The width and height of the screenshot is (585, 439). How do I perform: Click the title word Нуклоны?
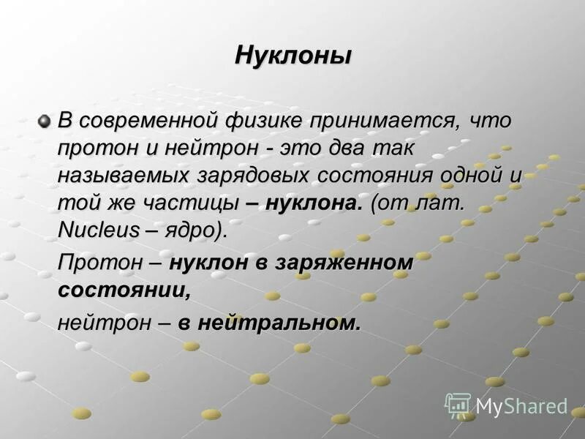click(x=292, y=56)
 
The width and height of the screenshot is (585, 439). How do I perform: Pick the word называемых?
click(x=124, y=175)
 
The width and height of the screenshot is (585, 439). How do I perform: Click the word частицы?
click(x=198, y=203)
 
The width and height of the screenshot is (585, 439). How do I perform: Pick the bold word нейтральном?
click(x=279, y=321)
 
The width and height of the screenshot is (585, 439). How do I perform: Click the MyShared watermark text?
click(x=521, y=405)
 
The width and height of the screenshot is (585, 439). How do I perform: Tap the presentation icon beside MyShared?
click(x=458, y=405)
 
